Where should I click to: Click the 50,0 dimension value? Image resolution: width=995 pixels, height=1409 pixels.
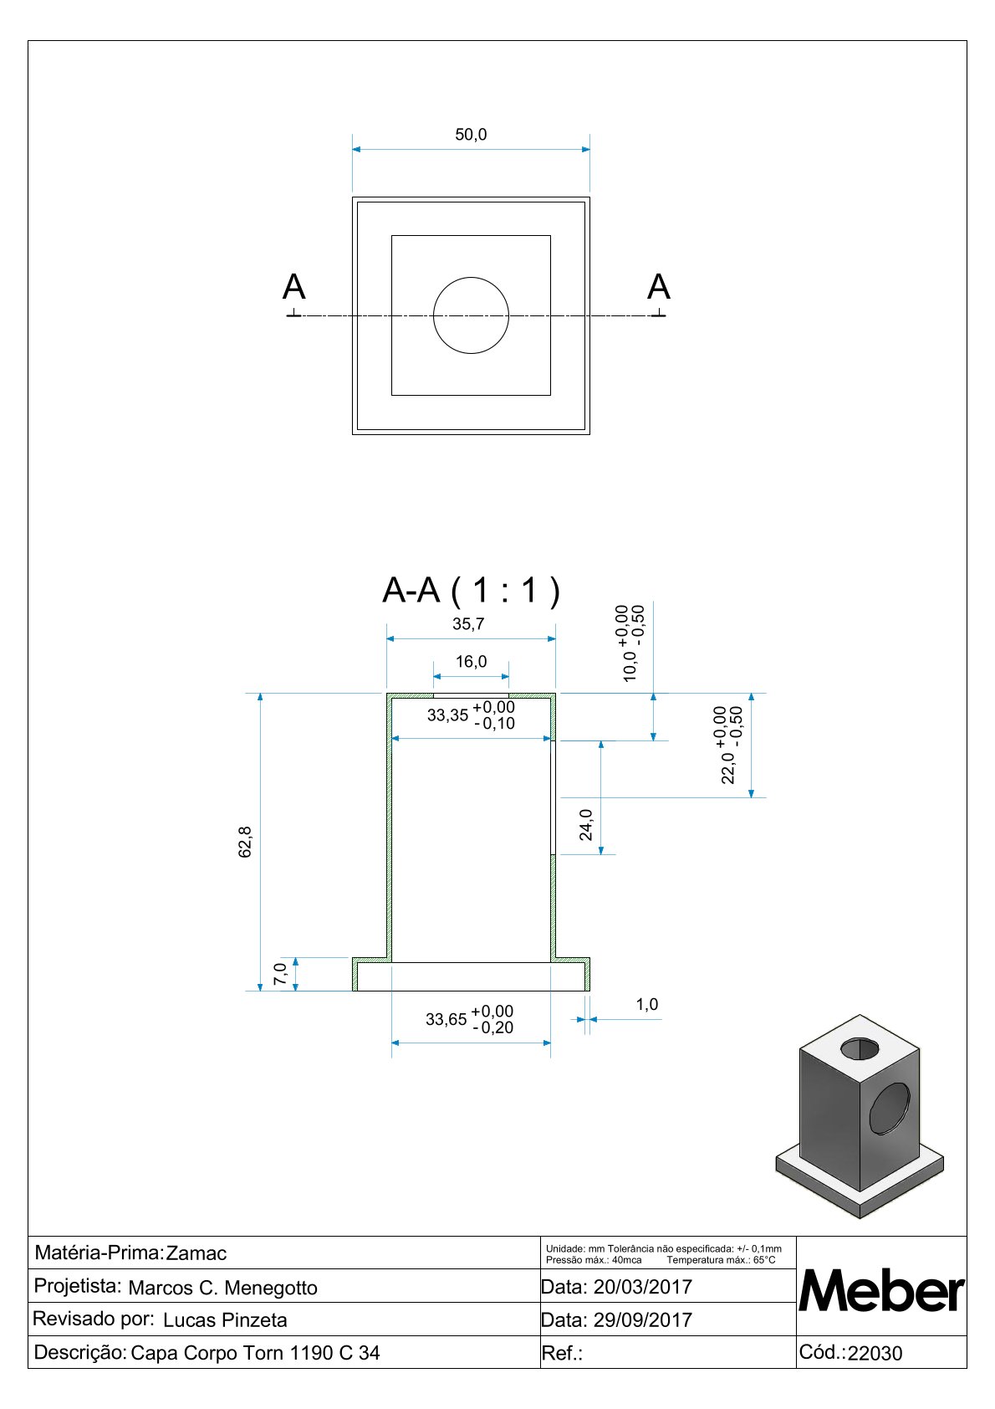pos(471,135)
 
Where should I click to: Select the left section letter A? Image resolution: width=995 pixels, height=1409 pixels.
pos(294,288)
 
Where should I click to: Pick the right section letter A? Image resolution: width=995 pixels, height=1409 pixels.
pos(659,287)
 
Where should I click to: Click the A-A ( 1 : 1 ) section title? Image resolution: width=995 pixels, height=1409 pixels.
pos(471,591)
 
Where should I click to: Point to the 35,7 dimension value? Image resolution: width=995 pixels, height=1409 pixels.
pos(468,624)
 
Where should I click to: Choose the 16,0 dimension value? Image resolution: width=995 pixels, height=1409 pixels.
pos(472,662)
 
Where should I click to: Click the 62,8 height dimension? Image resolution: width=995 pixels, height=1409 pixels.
pos(245,843)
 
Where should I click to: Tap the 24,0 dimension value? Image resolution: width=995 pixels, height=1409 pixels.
pos(586,825)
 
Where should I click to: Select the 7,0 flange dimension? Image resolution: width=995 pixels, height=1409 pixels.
pos(280,975)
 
